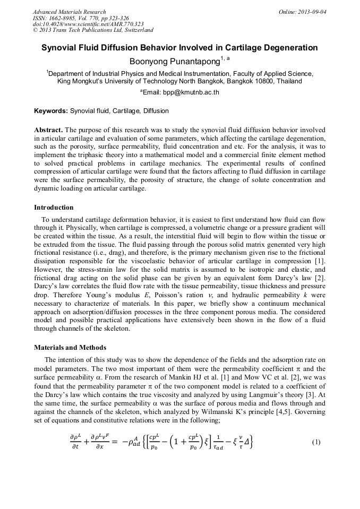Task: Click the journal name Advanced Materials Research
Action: [x=69, y=12]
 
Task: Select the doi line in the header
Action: [x=88, y=24]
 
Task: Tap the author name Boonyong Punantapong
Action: [x=175, y=62]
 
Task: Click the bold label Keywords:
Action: [x=51, y=111]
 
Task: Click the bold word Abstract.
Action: [x=48, y=130]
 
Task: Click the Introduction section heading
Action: [x=54, y=207]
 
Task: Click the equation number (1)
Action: [x=316, y=442]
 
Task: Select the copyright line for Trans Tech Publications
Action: [x=93, y=30]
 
